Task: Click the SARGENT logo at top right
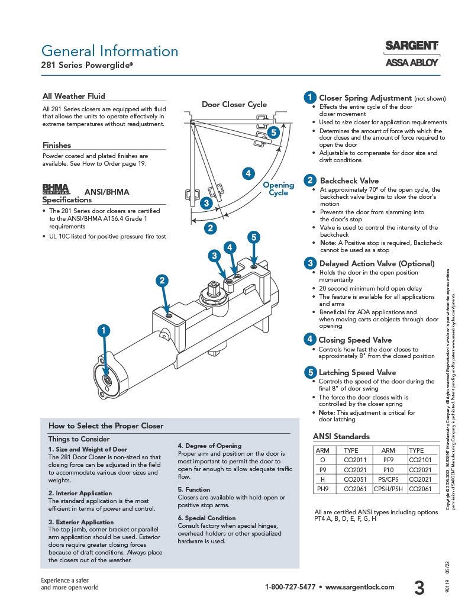coord(412,46)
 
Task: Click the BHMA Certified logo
coord(56,189)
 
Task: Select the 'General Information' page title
coord(109,51)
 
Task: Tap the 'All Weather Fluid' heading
coord(74,96)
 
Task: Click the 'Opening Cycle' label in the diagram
coord(278,189)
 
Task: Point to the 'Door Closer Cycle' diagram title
coord(234,104)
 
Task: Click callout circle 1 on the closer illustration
coord(104,330)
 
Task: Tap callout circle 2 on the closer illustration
coord(162,281)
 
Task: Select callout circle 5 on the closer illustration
coord(253,238)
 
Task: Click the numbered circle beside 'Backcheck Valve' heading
coord(309,180)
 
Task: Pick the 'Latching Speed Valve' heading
coord(357,372)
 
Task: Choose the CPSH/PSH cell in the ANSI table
coord(388,489)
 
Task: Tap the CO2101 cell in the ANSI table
coord(420,459)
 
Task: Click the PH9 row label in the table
coord(322,489)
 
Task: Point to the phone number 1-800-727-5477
coord(289,587)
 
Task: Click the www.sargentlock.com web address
coord(359,587)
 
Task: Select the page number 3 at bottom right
coord(419,588)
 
